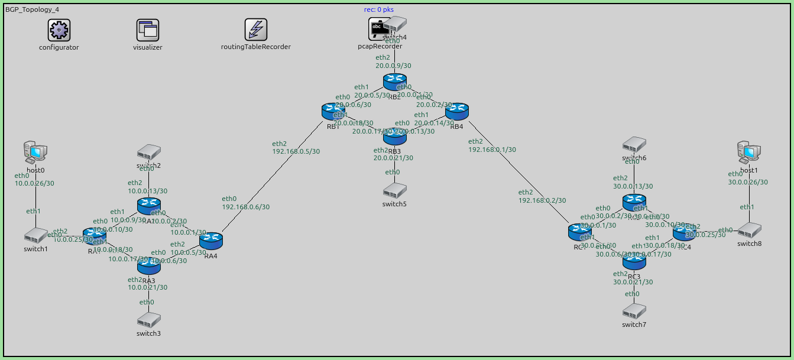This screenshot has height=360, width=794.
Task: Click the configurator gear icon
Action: [59, 30]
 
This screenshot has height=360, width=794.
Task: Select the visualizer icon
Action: [148, 30]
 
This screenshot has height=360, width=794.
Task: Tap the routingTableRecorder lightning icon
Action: [256, 30]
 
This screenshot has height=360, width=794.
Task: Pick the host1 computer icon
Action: [749, 153]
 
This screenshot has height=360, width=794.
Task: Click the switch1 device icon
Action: [36, 236]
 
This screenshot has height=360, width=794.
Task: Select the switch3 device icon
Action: [148, 320]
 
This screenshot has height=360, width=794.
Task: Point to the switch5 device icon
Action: [394, 190]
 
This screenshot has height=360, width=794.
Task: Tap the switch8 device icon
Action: [749, 230]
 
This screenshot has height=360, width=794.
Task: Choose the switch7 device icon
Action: [634, 311]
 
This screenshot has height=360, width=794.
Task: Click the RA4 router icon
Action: [210, 241]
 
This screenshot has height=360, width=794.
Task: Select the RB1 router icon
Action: [333, 111]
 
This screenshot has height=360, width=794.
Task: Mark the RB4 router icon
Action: [456, 111]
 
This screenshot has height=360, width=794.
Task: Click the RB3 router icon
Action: [395, 137]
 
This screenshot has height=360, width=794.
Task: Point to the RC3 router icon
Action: [634, 261]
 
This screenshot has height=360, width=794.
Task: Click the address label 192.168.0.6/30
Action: [246, 207]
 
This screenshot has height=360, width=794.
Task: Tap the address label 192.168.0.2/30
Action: [542, 200]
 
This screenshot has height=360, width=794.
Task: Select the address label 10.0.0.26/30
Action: [34, 183]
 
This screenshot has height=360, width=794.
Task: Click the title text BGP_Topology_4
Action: [32, 10]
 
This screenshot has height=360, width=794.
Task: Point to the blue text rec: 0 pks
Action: [379, 9]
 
